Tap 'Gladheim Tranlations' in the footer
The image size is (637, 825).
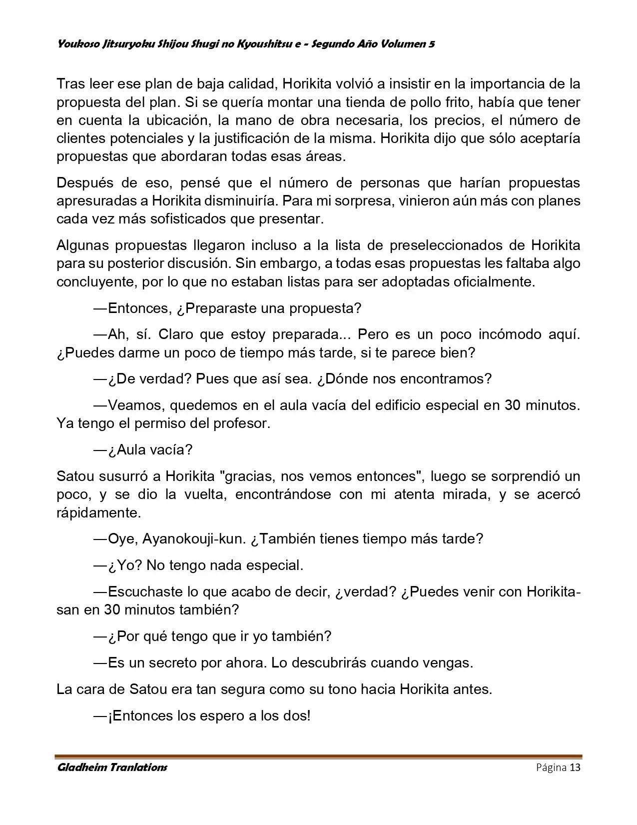tap(112, 767)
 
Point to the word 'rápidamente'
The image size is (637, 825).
tap(98, 512)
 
